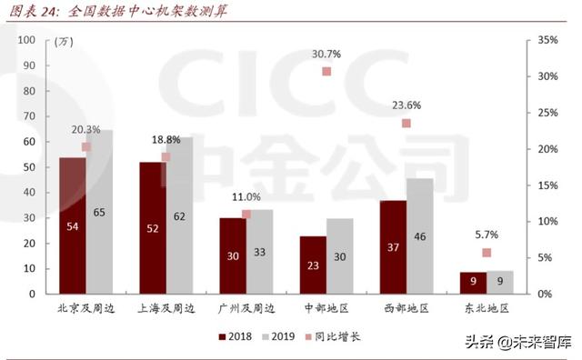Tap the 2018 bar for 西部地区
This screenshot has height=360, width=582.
(393, 246)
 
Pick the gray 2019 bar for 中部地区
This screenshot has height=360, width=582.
(340, 255)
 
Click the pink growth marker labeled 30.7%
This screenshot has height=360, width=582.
(326, 72)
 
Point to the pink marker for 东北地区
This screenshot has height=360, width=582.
(487, 253)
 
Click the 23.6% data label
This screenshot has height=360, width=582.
(406, 105)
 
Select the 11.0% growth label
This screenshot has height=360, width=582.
(246, 197)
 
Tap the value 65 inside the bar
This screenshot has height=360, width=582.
(99, 213)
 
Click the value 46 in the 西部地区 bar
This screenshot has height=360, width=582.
(419, 236)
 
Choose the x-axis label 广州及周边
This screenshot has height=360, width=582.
(246, 308)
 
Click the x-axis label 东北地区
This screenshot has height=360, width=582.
(486, 308)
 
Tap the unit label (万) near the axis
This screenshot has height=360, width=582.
(64, 43)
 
